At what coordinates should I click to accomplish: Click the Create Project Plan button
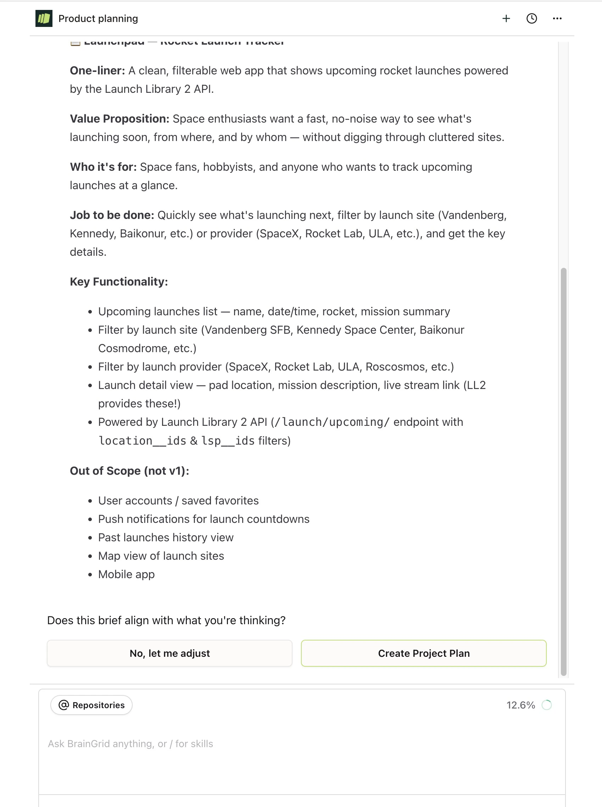[x=423, y=653]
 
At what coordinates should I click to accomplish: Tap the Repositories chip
[x=91, y=705]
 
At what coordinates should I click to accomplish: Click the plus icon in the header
[x=506, y=18]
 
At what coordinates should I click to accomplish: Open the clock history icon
[x=532, y=18]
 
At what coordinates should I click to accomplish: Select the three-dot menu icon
[x=557, y=18]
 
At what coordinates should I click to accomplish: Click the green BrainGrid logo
[x=44, y=18]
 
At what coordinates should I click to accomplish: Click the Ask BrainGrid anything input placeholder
[x=130, y=744]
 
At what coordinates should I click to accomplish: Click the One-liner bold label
[x=97, y=70]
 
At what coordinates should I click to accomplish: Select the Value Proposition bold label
[x=119, y=119]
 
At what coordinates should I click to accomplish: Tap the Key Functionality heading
[x=119, y=282]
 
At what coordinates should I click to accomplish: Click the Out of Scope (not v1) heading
[x=129, y=471]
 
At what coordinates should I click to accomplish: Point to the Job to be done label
[x=112, y=215]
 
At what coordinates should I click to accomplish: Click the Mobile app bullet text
[x=127, y=574]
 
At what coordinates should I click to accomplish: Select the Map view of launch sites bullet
[x=161, y=556]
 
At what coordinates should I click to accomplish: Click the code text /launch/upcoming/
[x=331, y=422]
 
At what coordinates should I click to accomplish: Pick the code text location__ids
[x=143, y=441]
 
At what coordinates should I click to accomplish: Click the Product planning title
[x=98, y=18]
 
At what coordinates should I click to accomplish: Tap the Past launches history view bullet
[x=166, y=537]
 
